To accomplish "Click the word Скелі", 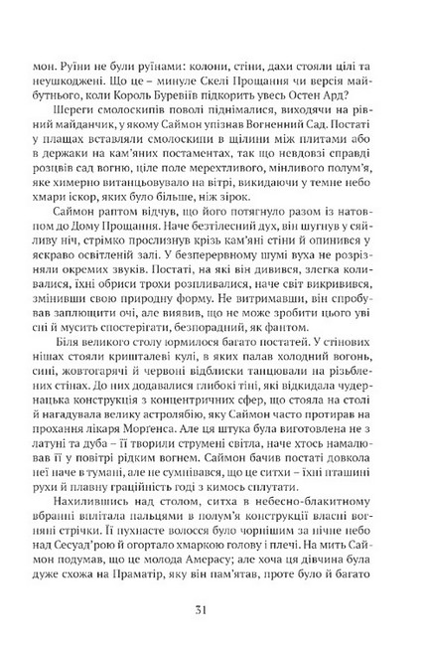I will [x=214, y=61].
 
